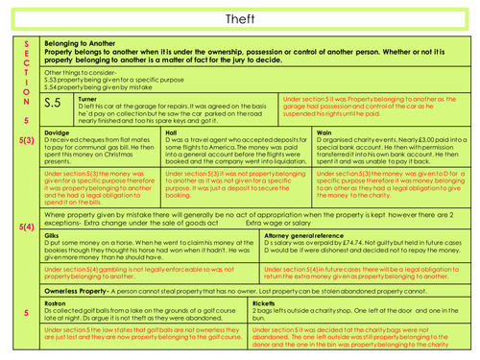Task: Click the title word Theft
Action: pyautogui.click(x=240, y=17)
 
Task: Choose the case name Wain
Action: pyautogui.click(x=324, y=132)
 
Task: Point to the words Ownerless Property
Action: pyautogui.click(x=81, y=288)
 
